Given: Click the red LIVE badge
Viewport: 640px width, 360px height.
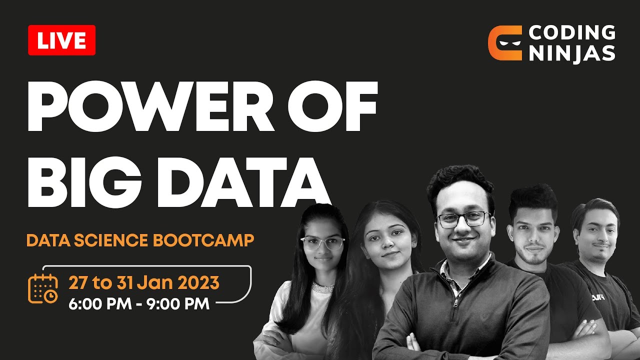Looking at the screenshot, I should tap(61, 40).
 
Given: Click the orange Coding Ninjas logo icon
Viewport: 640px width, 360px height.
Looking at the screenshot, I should tap(504, 43).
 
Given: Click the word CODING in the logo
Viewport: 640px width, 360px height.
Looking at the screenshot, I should tap(572, 32).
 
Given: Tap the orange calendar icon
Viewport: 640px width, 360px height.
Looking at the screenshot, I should tap(43, 289).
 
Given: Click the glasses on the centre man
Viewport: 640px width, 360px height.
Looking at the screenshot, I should tap(463, 218).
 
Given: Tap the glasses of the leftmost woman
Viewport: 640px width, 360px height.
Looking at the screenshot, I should tap(322, 243).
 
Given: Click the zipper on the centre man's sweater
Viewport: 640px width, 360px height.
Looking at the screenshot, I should tap(456, 302).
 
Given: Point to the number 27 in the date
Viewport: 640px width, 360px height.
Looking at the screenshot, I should tap(77, 283).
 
